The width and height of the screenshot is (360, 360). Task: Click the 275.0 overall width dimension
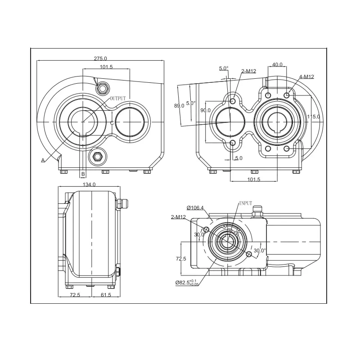(100, 58)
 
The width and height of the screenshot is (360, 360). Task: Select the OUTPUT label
(118, 99)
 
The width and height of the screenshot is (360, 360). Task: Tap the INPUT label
(246, 203)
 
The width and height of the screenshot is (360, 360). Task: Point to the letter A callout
(43, 160)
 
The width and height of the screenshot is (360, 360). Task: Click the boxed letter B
(83, 174)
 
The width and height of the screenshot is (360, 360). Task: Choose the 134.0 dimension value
(89, 184)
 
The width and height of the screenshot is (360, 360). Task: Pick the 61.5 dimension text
(106, 295)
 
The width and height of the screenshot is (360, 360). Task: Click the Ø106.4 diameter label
(195, 208)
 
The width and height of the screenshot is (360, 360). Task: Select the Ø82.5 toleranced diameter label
(187, 283)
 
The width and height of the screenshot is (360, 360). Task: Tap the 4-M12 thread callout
(306, 76)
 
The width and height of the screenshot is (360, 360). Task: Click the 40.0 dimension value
(277, 64)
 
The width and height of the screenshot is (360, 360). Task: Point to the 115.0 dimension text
(313, 117)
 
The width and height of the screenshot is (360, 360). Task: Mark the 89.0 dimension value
(179, 106)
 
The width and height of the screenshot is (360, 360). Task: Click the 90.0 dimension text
(206, 110)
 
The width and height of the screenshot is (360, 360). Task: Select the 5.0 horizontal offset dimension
(239, 158)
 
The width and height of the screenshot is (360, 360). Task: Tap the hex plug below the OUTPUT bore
(97, 157)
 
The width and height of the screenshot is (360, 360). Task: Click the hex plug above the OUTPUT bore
(102, 88)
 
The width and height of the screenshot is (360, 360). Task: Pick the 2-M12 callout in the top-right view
(249, 71)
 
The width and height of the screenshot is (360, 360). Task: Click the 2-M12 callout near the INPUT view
(178, 217)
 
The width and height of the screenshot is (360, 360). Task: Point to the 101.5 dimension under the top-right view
(254, 179)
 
